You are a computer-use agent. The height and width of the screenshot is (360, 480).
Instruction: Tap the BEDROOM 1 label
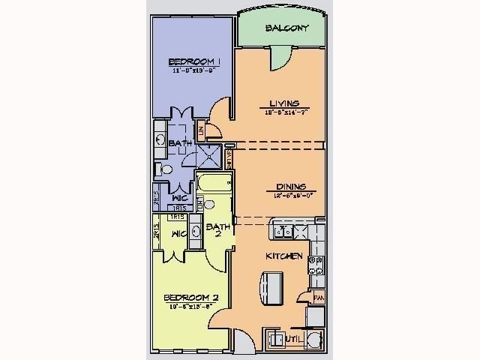[x=194, y=61]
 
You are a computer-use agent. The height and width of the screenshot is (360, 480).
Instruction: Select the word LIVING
[x=284, y=103]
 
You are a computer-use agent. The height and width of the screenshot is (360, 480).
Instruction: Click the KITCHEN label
[x=285, y=256]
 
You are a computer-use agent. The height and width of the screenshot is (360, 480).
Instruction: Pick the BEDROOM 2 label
[x=191, y=298]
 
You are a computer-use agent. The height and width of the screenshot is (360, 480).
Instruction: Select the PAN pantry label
[x=319, y=298]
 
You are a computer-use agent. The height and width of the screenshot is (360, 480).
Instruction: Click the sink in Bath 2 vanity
[x=195, y=231]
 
